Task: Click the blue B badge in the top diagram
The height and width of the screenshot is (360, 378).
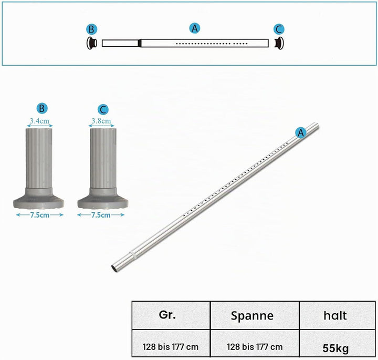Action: pos(91,29)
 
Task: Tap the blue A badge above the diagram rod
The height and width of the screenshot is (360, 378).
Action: pos(195,28)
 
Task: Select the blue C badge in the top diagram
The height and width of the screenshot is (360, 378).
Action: pos(279,29)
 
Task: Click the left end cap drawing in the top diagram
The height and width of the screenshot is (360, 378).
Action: pos(92,43)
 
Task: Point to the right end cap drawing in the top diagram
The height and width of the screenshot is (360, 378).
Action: pos(279,43)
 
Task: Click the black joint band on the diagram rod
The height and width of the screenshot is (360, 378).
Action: pos(139,43)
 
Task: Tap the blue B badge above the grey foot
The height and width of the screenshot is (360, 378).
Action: pos(41,108)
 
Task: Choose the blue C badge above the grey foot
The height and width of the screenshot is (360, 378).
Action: pos(103,109)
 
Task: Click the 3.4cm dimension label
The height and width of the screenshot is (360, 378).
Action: pos(39,121)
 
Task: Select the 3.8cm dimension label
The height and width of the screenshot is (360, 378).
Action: pos(101,121)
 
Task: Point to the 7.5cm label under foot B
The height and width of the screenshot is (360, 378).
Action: pos(40,215)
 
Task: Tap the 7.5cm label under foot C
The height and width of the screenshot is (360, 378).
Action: pos(101,215)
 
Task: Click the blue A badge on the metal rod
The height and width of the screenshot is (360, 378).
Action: pos(301,133)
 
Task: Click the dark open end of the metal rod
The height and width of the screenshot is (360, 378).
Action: pos(114,269)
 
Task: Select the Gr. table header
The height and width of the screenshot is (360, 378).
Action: pos(167,315)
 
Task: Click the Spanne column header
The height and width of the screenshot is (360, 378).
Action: pos(252,316)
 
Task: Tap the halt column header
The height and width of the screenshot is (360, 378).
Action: pos(335,315)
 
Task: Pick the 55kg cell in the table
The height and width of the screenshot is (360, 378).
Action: pos(335,348)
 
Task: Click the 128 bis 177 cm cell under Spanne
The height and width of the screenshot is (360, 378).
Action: pos(255,347)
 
